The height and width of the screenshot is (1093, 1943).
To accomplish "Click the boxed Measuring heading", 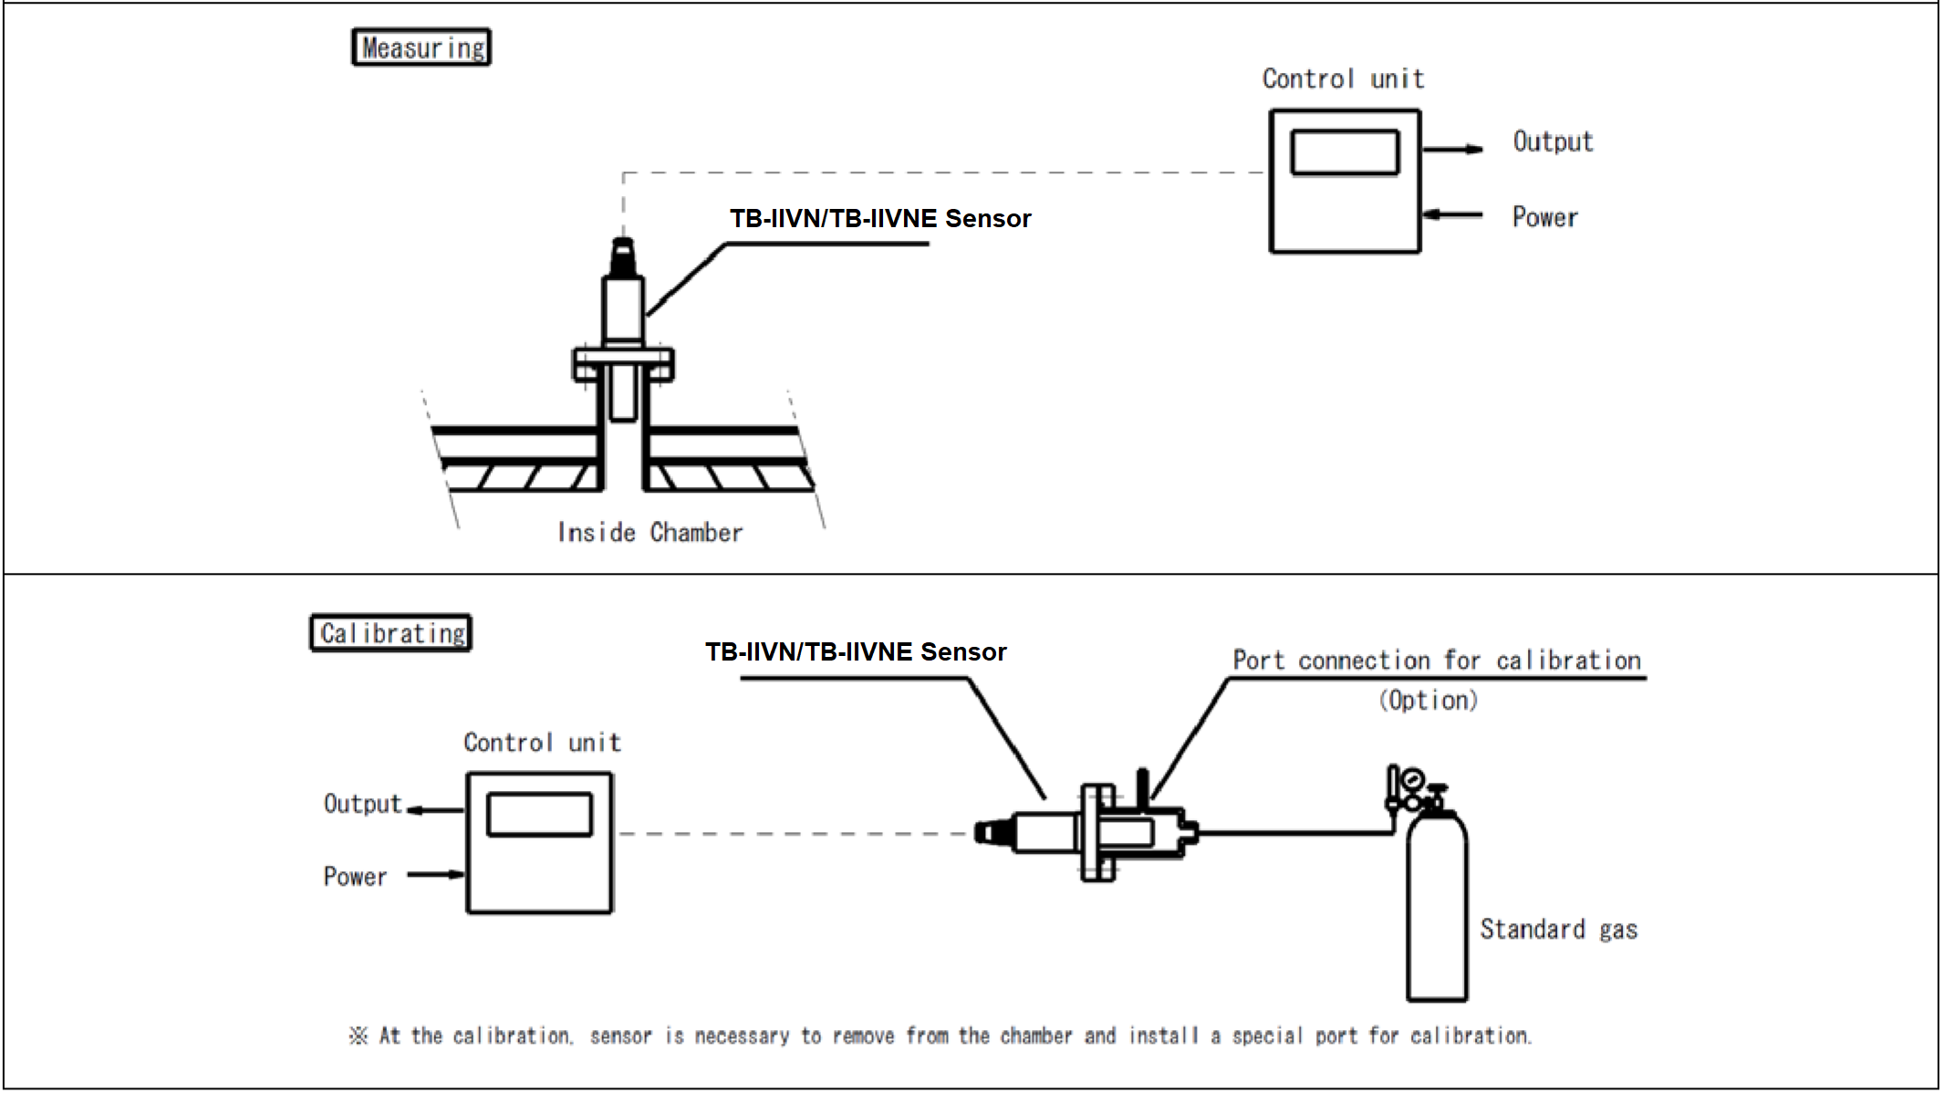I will coord(421,47).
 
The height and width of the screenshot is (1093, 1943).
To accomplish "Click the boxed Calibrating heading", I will coord(391,633).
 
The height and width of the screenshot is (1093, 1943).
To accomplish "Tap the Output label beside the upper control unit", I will coord(1553,142).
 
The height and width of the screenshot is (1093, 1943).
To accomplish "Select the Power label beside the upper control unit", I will coord(1544,217).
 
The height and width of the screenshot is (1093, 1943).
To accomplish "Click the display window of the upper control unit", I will coord(1345,152).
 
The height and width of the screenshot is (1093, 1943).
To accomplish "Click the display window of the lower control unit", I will coord(539,815).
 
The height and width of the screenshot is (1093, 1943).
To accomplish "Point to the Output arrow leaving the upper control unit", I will coord(1452,149).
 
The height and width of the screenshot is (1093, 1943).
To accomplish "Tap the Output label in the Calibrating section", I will coord(362,804).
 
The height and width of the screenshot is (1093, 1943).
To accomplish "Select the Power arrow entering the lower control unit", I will coord(436,874).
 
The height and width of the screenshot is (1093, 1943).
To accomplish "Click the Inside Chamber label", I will coord(650,533).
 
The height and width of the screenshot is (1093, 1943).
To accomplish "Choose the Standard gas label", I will coord(1558,930).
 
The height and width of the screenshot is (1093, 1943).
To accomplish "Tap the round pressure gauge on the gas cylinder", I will coord(1413,780).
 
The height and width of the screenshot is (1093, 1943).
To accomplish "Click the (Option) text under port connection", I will coord(1428,701).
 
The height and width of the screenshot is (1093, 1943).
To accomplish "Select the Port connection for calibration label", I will coord(1437,661).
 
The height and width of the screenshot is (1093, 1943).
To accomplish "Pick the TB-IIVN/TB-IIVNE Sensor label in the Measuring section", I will coord(880,219).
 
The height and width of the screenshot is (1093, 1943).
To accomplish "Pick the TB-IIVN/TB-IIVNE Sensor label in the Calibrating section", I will coord(856,652).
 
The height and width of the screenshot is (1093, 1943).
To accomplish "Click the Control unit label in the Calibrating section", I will coord(542,743).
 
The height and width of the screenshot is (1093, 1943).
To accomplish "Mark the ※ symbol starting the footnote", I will coord(358,1036).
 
